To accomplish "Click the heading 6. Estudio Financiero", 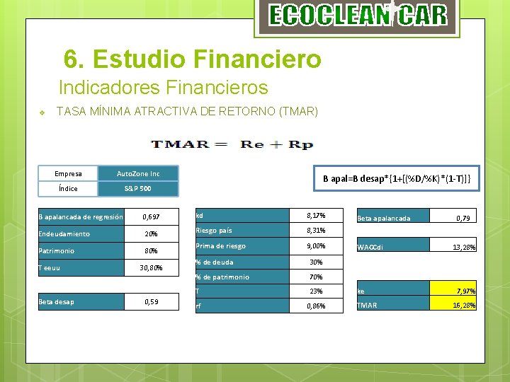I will click(x=192, y=59).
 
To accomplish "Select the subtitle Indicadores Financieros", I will click(x=163, y=88).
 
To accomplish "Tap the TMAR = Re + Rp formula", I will click(x=232, y=144).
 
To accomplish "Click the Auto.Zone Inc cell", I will click(x=138, y=173).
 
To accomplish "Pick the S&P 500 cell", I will click(x=138, y=189).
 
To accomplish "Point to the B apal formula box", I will click(x=397, y=179).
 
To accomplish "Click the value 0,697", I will click(x=151, y=216).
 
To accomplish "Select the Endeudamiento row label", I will click(x=64, y=233).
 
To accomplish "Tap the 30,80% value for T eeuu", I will click(x=151, y=268).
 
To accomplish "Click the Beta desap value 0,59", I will click(x=151, y=302).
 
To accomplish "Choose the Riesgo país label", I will click(x=214, y=231).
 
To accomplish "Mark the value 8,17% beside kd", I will click(x=316, y=215).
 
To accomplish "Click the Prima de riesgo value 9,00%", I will click(x=316, y=246).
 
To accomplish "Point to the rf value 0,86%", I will click(x=316, y=306).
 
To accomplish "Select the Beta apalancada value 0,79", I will click(x=463, y=219).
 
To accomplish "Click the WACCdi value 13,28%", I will click(x=465, y=247).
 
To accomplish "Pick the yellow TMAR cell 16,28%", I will click(x=465, y=306).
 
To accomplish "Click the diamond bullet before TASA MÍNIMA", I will click(x=42, y=112).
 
